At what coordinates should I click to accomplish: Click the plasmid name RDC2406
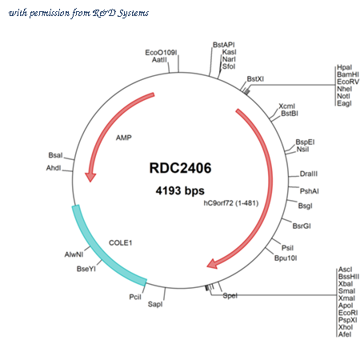pyautogui.click(x=180, y=168)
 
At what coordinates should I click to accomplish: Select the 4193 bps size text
pyautogui.click(x=180, y=190)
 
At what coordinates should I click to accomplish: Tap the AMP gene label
pyautogui.click(x=124, y=138)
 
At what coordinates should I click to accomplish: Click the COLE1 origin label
pyautogui.click(x=121, y=242)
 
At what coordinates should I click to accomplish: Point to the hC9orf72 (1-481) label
pyautogui.click(x=231, y=203)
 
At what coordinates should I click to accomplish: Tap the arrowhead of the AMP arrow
pyautogui.click(x=90, y=177)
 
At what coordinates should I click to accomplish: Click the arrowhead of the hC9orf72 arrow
pyautogui.click(x=213, y=263)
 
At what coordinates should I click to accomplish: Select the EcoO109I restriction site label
pyautogui.click(x=161, y=53)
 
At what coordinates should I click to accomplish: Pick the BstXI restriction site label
pyautogui.click(x=255, y=79)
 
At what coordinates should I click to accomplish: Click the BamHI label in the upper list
pyautogui.click(x=348, y=74)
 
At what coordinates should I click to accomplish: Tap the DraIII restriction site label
pyautogui.click(x=309, y=174)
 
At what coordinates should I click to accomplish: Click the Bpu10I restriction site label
pyautogui.click(x=286, y=258)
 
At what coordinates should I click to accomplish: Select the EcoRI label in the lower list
pyautogui.click(x=348, y=313)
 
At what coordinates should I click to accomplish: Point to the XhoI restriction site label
pyautogui.click(x=346, y=327)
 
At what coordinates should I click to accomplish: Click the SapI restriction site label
pyautogui.click(x=155, y=304)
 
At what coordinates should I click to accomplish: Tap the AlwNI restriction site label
pyautogui.click(x=74, y=254)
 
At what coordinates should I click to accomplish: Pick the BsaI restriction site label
pyautogui.click(x=55, y=155)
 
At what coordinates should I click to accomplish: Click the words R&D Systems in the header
pyautogui.click(x=121, y=13)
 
